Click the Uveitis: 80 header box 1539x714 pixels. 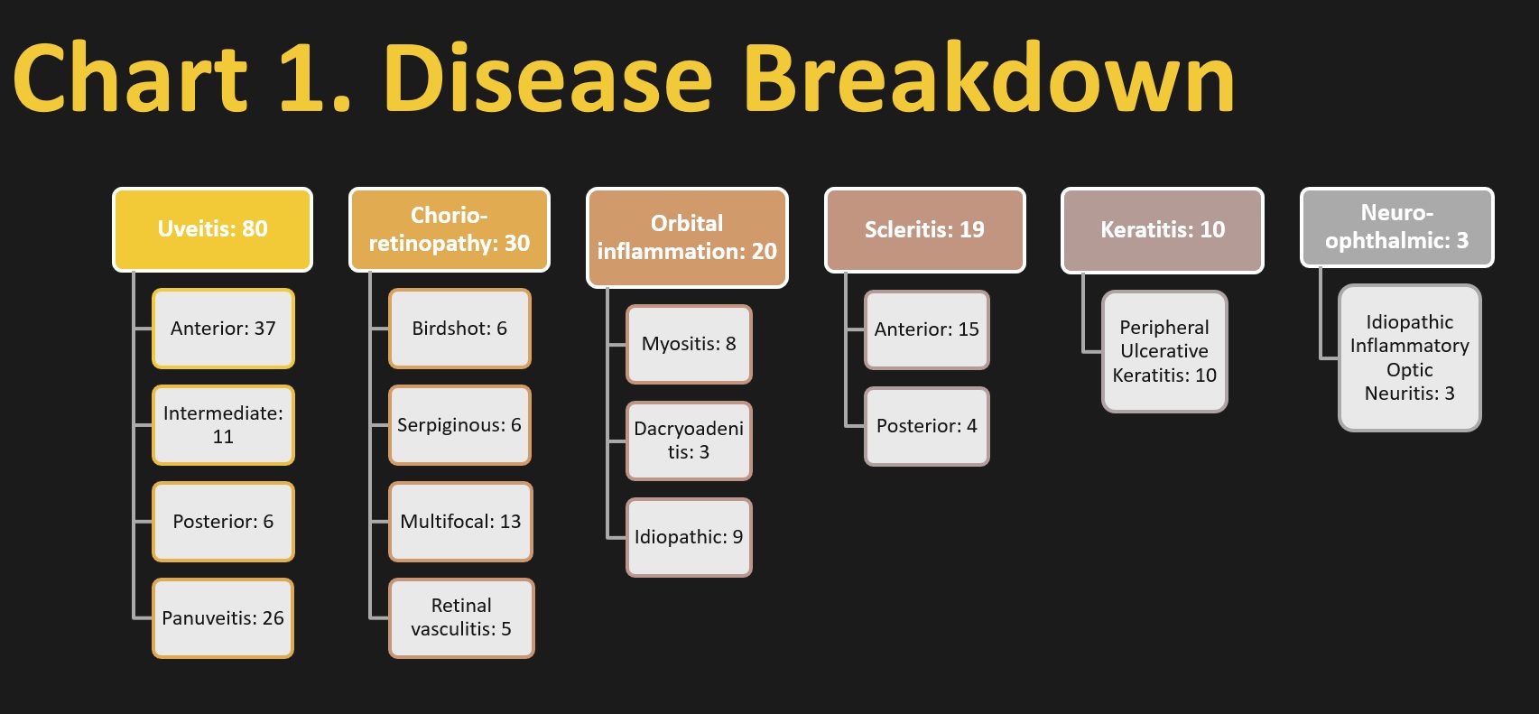(212, 229)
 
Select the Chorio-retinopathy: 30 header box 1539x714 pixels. (450, 229)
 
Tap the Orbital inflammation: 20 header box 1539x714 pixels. (687, 237)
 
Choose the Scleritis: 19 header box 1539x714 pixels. (925, 229)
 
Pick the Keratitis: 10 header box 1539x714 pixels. (1163, 230)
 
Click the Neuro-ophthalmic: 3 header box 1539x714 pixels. (1396, 227)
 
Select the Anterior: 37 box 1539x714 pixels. (223, 329)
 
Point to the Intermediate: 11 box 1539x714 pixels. (223, 425)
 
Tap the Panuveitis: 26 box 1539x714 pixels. (223, 618)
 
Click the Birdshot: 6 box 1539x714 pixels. (459, 329)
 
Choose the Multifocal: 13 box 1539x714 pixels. (460, 522)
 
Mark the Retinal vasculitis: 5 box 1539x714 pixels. (461, 618)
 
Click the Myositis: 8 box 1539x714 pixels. (689, 344)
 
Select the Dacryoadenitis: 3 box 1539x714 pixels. (689, 440)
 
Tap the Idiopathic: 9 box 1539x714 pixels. (689, 537)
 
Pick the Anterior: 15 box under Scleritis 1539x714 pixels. (927, 329)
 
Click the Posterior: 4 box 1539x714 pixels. (927, 426)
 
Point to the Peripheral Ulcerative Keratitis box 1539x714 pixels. (1164, 352)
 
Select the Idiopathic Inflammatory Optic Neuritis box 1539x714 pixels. (1410, 358)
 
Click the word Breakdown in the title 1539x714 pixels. (989, 77)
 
